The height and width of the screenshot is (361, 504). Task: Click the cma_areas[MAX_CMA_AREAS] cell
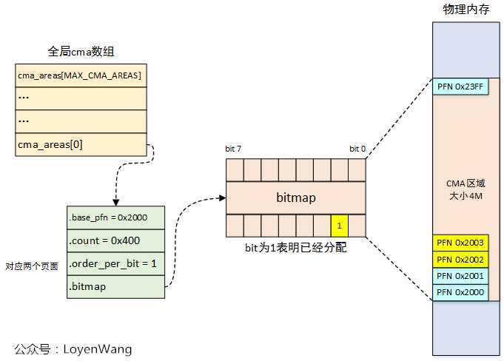(80, 75)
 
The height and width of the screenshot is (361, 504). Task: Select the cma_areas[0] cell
(80, 144)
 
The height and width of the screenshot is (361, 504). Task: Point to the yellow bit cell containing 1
(339, 225)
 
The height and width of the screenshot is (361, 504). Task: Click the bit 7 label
(233, 149)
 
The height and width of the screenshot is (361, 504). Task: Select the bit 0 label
(357, 149)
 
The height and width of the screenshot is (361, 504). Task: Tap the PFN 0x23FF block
(460, 87)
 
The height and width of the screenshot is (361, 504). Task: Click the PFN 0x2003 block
(460, 243)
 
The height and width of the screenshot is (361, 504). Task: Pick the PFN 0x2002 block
(460, 259)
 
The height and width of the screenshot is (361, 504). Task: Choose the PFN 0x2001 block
(460, 276)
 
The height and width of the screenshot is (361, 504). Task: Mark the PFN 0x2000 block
(460, 292)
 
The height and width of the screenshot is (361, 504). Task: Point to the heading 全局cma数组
(81, 52)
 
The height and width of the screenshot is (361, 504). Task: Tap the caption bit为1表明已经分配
(296, 249)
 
